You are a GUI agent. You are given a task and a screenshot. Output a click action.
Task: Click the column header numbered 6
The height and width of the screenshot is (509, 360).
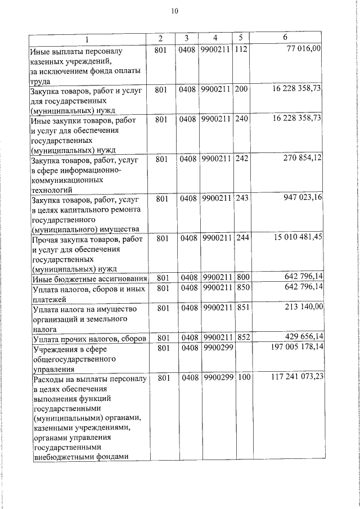(x=286, y=38)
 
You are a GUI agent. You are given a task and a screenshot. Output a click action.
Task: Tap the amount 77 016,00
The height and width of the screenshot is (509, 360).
(x=304, y=49)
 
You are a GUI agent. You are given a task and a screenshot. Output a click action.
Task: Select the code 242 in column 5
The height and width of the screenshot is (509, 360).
(x=241, y=160)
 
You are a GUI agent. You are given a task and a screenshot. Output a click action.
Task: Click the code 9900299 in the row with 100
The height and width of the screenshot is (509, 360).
(x=217, y=378)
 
